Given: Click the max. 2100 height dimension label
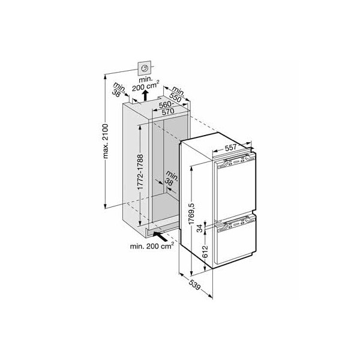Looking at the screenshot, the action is (106, 141).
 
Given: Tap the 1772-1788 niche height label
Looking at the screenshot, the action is (140, 172).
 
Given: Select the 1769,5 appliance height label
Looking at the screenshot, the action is (191, 214).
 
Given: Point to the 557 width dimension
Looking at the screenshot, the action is (230, 148).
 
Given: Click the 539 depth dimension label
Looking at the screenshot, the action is (194, 284).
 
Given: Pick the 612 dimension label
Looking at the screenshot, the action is (205, 251).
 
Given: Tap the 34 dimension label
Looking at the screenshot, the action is (200, 229).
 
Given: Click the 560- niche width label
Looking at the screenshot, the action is (166, 105).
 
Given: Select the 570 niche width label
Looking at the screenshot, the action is (168, 112).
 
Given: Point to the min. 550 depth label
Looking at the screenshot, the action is (177, 94).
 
